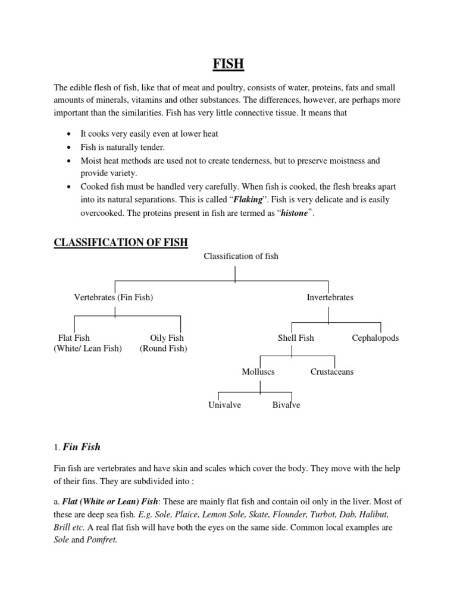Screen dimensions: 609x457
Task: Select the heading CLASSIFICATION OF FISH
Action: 121,243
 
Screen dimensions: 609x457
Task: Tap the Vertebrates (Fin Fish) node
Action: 113,297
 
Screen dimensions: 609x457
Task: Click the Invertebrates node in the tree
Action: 330,297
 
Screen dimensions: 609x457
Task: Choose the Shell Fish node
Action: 296,338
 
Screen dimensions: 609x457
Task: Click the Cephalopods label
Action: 375,338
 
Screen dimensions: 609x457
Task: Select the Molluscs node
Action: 258,372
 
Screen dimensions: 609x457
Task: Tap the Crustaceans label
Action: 332,372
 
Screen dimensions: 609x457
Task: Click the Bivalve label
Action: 286,405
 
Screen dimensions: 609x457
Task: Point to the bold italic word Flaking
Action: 249,200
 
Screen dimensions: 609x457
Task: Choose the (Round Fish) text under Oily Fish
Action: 163,349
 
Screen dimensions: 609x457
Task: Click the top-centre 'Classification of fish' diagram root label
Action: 241,256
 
